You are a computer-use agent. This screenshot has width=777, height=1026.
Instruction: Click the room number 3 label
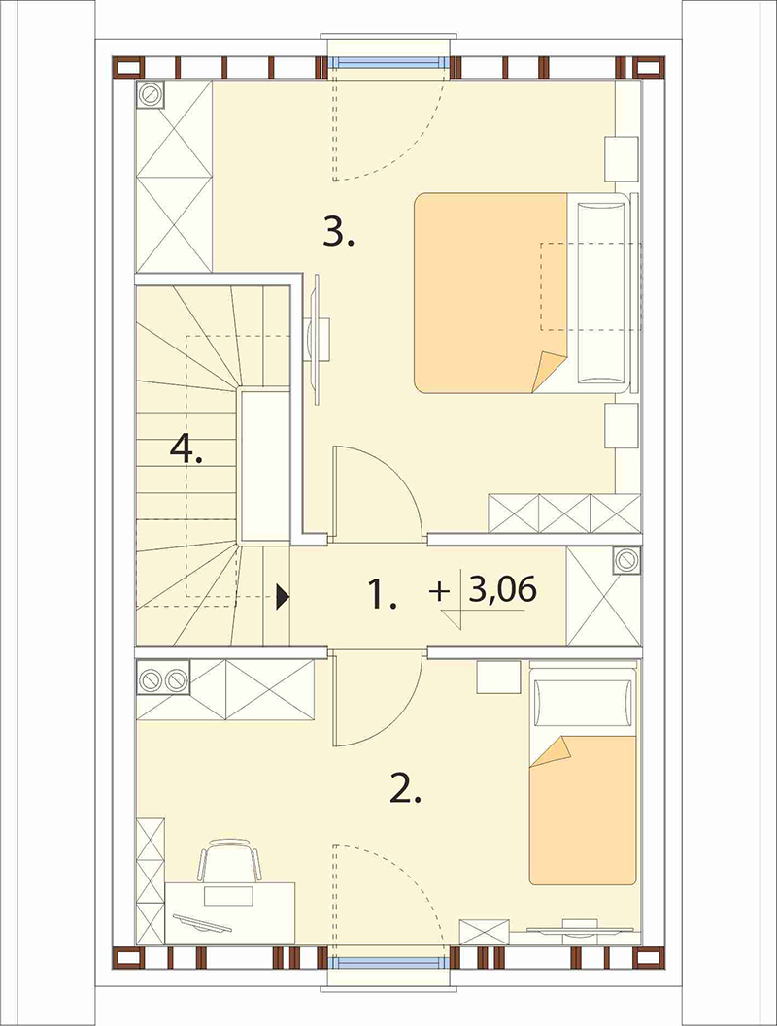coord(338,233)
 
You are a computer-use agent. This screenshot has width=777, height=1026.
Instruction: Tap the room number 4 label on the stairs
coord(186,449)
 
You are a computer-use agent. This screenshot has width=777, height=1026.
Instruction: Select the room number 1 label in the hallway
coord(382,595)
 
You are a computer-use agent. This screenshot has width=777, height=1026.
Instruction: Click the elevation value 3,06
coord(503,589)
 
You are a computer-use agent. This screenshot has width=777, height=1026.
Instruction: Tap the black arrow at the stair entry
coord(283,597)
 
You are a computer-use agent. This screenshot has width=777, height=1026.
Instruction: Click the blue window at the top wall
coord(387,63)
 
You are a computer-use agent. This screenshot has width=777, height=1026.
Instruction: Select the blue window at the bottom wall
coord(387,963)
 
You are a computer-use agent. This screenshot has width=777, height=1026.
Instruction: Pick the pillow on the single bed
coord(584,704)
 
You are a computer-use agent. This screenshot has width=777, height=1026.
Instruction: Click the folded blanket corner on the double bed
coord(549,371)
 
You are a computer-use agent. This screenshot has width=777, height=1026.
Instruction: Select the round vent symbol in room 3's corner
coord(150,94)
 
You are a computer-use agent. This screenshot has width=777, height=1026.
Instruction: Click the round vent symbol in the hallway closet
coord(627,560)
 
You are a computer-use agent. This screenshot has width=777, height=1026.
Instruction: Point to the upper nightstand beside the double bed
coord(621,158)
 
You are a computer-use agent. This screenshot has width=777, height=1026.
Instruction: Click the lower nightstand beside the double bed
coord(621,425)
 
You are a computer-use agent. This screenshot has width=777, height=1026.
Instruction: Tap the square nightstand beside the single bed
coord(498,678)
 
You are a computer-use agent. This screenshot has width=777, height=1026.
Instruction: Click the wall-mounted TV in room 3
coord(319,340)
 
